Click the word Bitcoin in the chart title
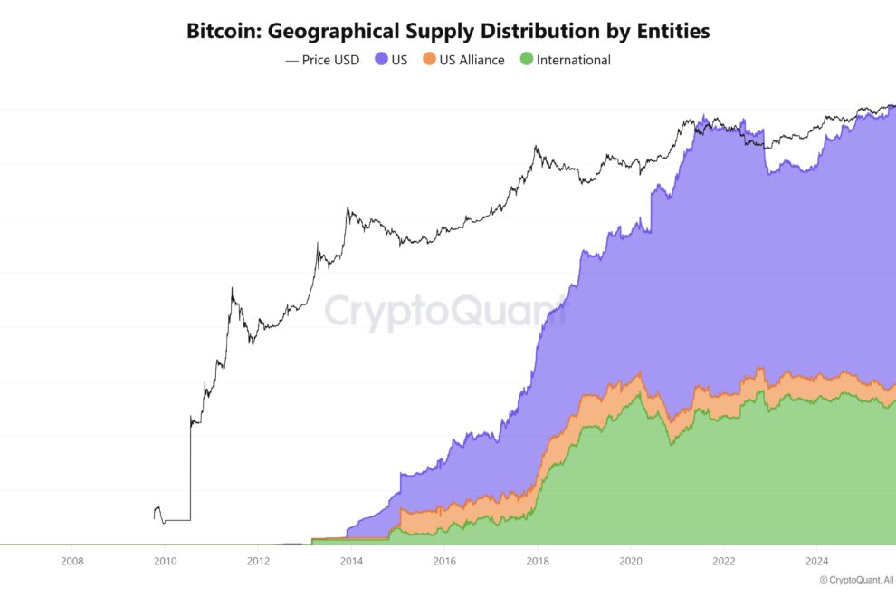tap(223, 31)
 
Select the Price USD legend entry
tap(322, 60)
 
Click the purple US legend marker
tap(381, 60)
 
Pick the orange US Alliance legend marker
tap(429, 60)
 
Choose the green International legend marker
tap(526, 60)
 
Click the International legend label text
tap(573, 60)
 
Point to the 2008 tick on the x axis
tap(72, 561)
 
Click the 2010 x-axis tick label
tap(165, 561)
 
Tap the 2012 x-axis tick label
tap(258, 561)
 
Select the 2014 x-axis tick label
tap(351, 561)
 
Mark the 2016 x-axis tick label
tap(444, 561)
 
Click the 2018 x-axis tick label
tap(538, 561)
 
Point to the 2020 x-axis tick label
tap(631, 561)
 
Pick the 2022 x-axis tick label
tap(724, 561)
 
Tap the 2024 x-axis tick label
tap(816, 561)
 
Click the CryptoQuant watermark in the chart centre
tap(443, 311)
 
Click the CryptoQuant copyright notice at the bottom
tap(856, 580)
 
